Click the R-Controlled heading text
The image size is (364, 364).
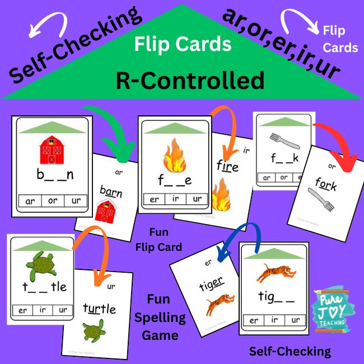190,81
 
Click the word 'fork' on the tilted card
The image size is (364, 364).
325,183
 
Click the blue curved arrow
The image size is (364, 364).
240,236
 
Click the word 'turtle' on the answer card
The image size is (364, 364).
100,308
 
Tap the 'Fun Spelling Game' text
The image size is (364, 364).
166,318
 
